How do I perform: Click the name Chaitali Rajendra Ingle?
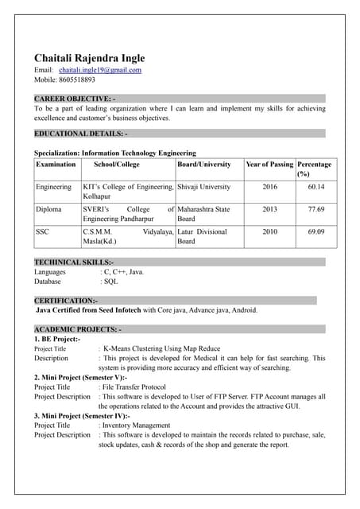point(89,59)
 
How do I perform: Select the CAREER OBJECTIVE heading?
point(75,98)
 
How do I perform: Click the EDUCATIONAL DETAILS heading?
point(80,134)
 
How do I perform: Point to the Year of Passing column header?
point(269,164)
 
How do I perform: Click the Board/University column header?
point(204,164)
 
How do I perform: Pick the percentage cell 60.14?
point(315,187)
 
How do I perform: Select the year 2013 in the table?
point(269,209)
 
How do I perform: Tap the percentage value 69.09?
point(315,231)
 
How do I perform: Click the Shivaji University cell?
point(204,187)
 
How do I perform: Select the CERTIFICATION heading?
point(66,301)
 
